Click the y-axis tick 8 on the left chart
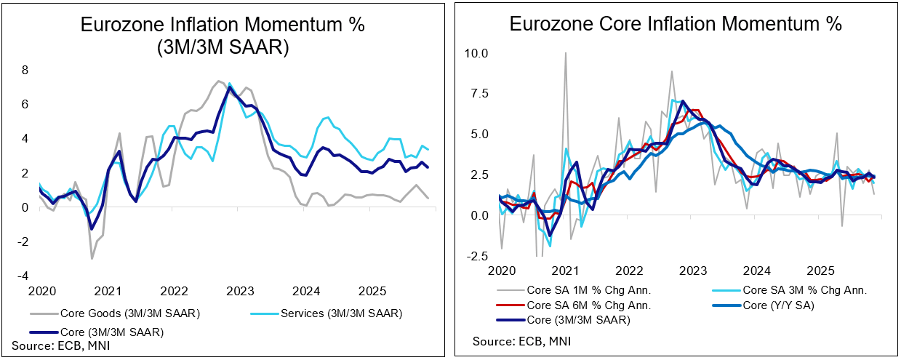(25, 71)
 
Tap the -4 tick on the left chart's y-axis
(23, 276)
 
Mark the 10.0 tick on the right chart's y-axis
(478, 53)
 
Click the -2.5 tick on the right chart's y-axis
(478, 256)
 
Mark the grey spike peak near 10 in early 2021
(565, 52)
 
